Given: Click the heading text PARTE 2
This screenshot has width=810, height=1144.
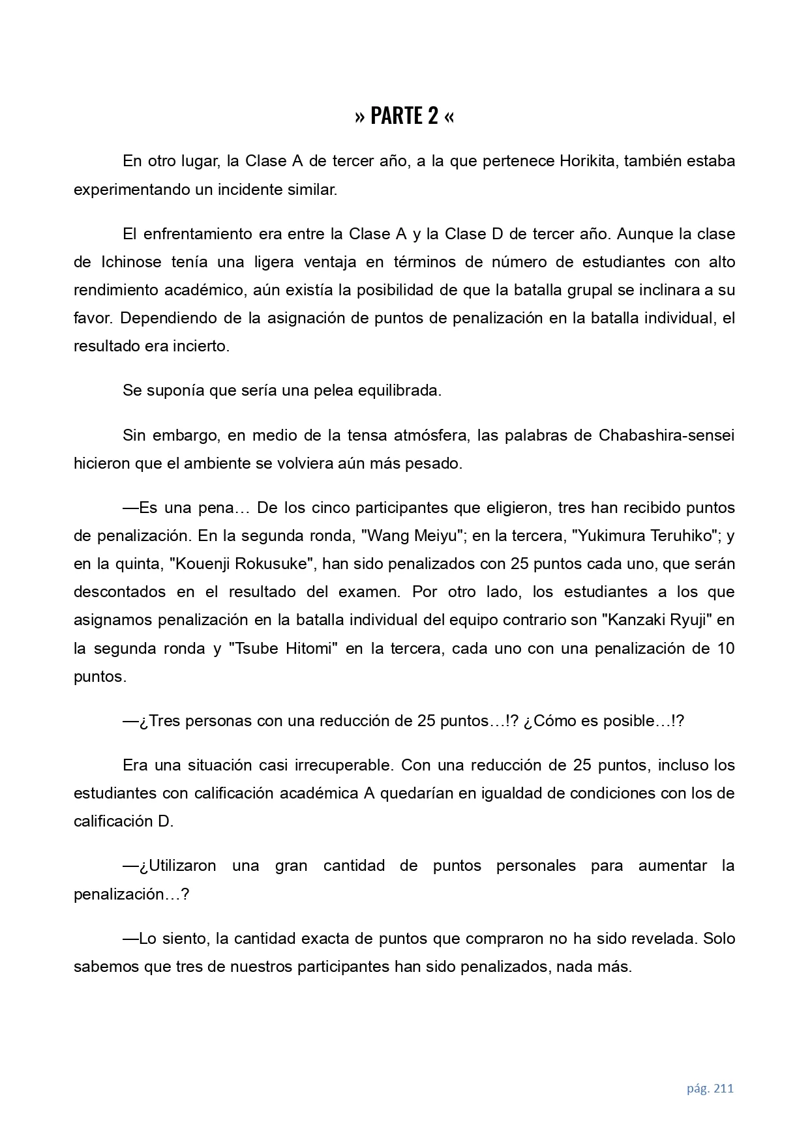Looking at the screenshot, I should pos(404,116).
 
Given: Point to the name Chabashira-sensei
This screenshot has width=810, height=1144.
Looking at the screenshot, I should pos(666,435).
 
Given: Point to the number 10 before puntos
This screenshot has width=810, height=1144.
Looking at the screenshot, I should pos(725,649).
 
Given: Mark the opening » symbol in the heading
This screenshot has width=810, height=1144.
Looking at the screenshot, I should pos(360,117).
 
